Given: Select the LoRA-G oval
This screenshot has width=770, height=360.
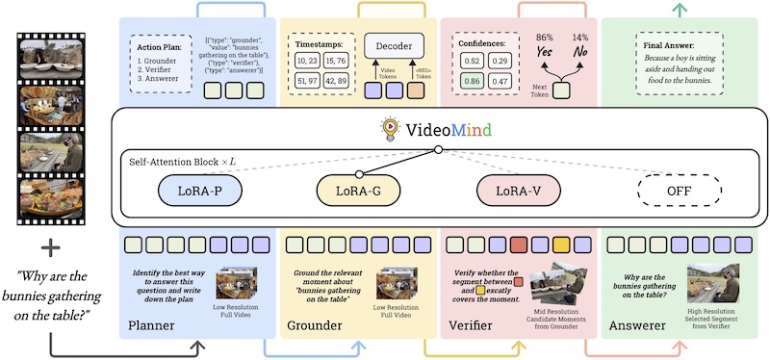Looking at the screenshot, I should click(x=357, y=191).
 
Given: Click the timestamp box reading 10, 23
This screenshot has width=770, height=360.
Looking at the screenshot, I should click(x=309, y=61).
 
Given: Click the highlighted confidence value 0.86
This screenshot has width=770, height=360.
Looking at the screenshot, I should click(x=473, y=83).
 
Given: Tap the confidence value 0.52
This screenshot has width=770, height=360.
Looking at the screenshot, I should click(x=473, y=61).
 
